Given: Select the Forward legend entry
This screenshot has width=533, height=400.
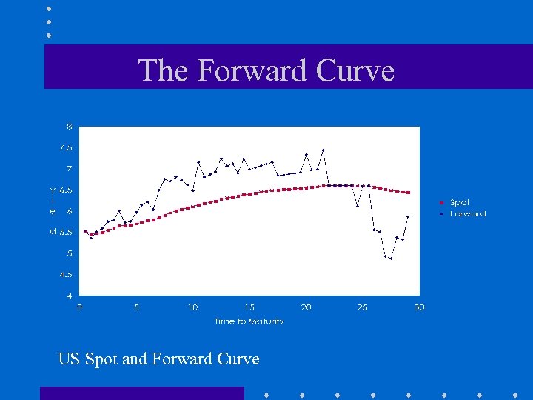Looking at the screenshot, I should pos(467,213).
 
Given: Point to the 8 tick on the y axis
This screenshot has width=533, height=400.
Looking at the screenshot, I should pos(70,127).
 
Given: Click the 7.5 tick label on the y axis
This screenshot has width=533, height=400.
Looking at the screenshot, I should pos(66,147).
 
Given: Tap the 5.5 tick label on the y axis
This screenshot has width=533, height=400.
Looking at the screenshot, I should pos(66,232).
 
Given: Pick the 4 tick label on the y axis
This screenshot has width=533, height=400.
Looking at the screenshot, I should pos(70,296).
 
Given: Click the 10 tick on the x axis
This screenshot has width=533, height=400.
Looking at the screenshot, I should pos(192,307).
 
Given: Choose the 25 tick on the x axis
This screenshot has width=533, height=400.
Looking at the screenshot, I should pos(363,307).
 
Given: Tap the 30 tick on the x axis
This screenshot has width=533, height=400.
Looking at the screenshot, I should pos(419,307).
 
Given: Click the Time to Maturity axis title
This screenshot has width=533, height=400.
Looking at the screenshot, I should pos(249,321).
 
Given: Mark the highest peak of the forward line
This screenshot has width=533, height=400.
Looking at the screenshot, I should pos(323,150).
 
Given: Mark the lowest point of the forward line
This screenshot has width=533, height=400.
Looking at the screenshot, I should pos(391,259).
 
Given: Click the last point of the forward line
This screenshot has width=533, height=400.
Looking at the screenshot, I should pos(408,216).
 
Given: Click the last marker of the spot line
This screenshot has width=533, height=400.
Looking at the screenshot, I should pos(408,193).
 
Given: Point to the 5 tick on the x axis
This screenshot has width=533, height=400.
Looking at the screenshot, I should pos(136,307).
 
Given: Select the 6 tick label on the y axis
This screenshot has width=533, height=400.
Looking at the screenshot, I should pos(70,211).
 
